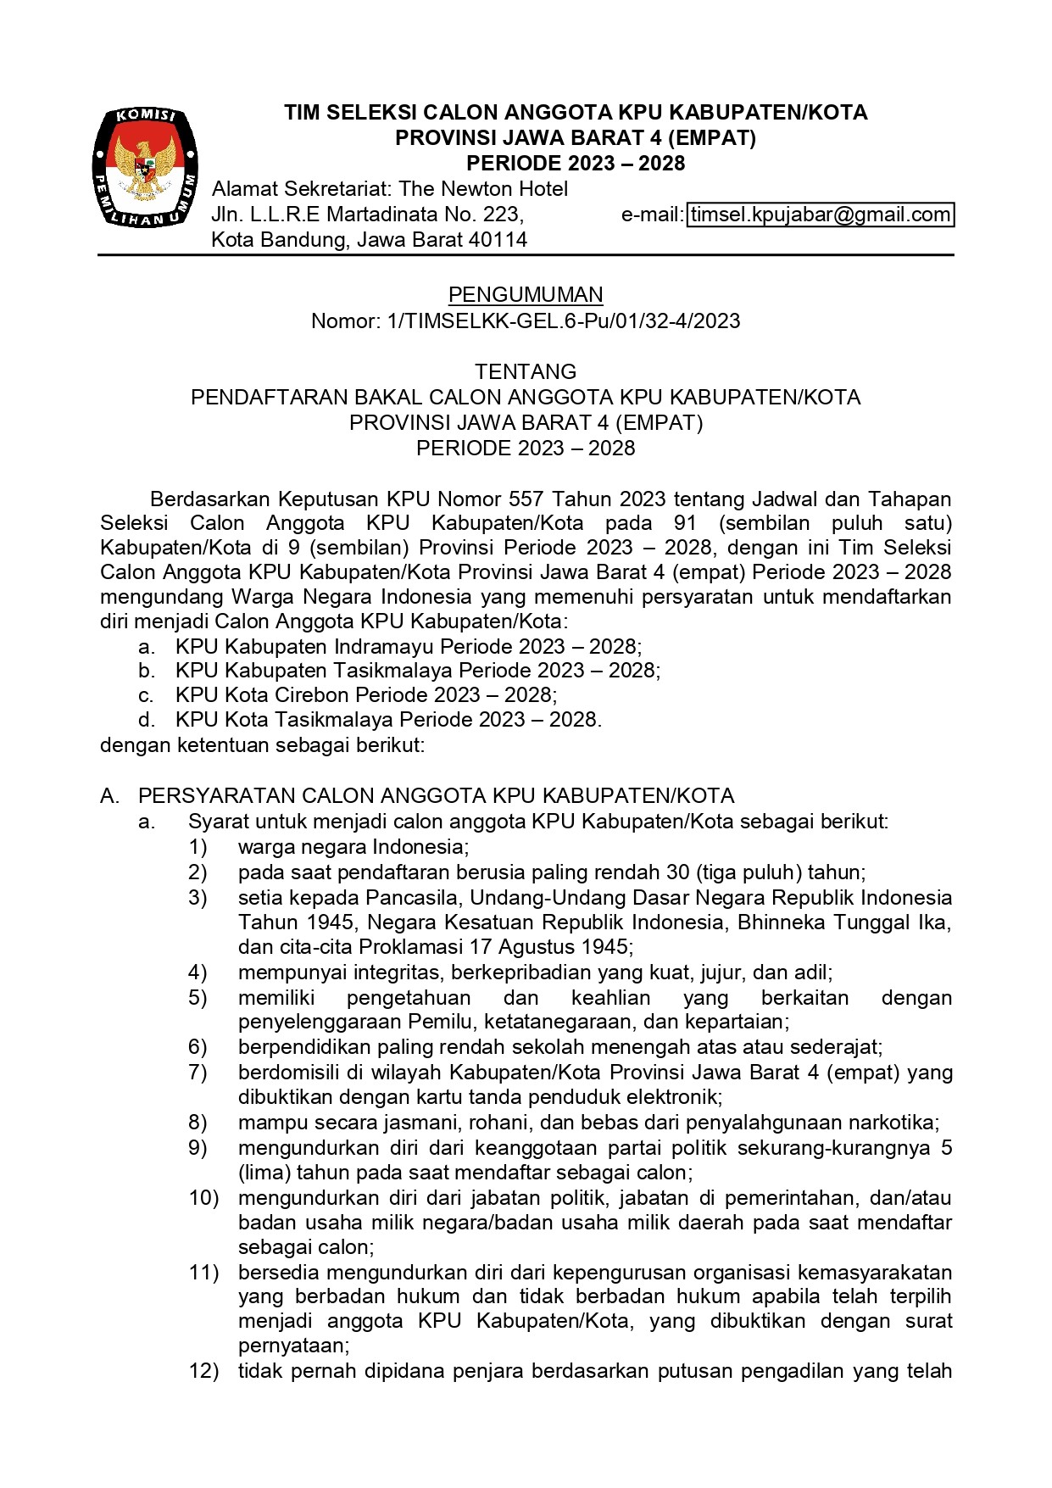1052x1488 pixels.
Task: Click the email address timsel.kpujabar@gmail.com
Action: pyautogui.click(x=820, y=215)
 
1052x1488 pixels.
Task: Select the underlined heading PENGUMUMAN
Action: pyautogui.click(x=526, y=295)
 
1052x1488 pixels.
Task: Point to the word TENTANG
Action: pyautogui.click(x=526, y=371)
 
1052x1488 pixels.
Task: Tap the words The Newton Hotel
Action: pyautogui.click(x=483, y=189)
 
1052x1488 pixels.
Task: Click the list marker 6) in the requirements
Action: pyautogui.click(x=198, y=1047)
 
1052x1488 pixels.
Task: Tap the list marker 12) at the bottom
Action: pyautogui.click(x=203, y=1371)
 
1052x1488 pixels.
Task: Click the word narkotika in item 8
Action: pyautogui.click(x=894, y=1123)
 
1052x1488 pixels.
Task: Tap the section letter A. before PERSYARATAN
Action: pyautogui.click(x=109, y=795)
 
